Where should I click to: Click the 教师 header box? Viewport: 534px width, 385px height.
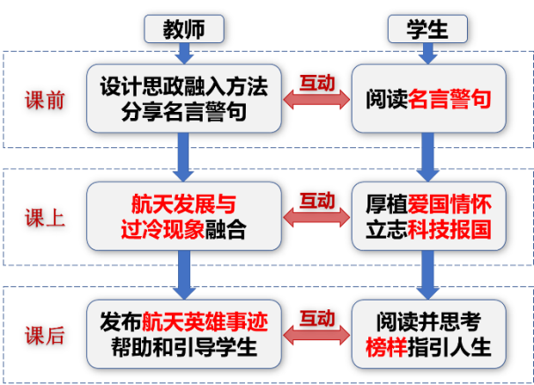pyautogui.click(x=182, y=29)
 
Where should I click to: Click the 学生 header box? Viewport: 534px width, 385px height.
pyautogui.click(x=426, y=29)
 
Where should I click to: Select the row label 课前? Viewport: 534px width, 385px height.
pyautogui.click(x=44, y=100)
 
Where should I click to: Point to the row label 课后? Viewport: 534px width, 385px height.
pyautogui.click(x=44, y=335)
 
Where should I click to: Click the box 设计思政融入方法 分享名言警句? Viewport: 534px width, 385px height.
pyautogui.click(x=183, y=100)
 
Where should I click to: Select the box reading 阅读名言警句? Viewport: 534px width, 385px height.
pyautogui.click(x=427, y=100)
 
